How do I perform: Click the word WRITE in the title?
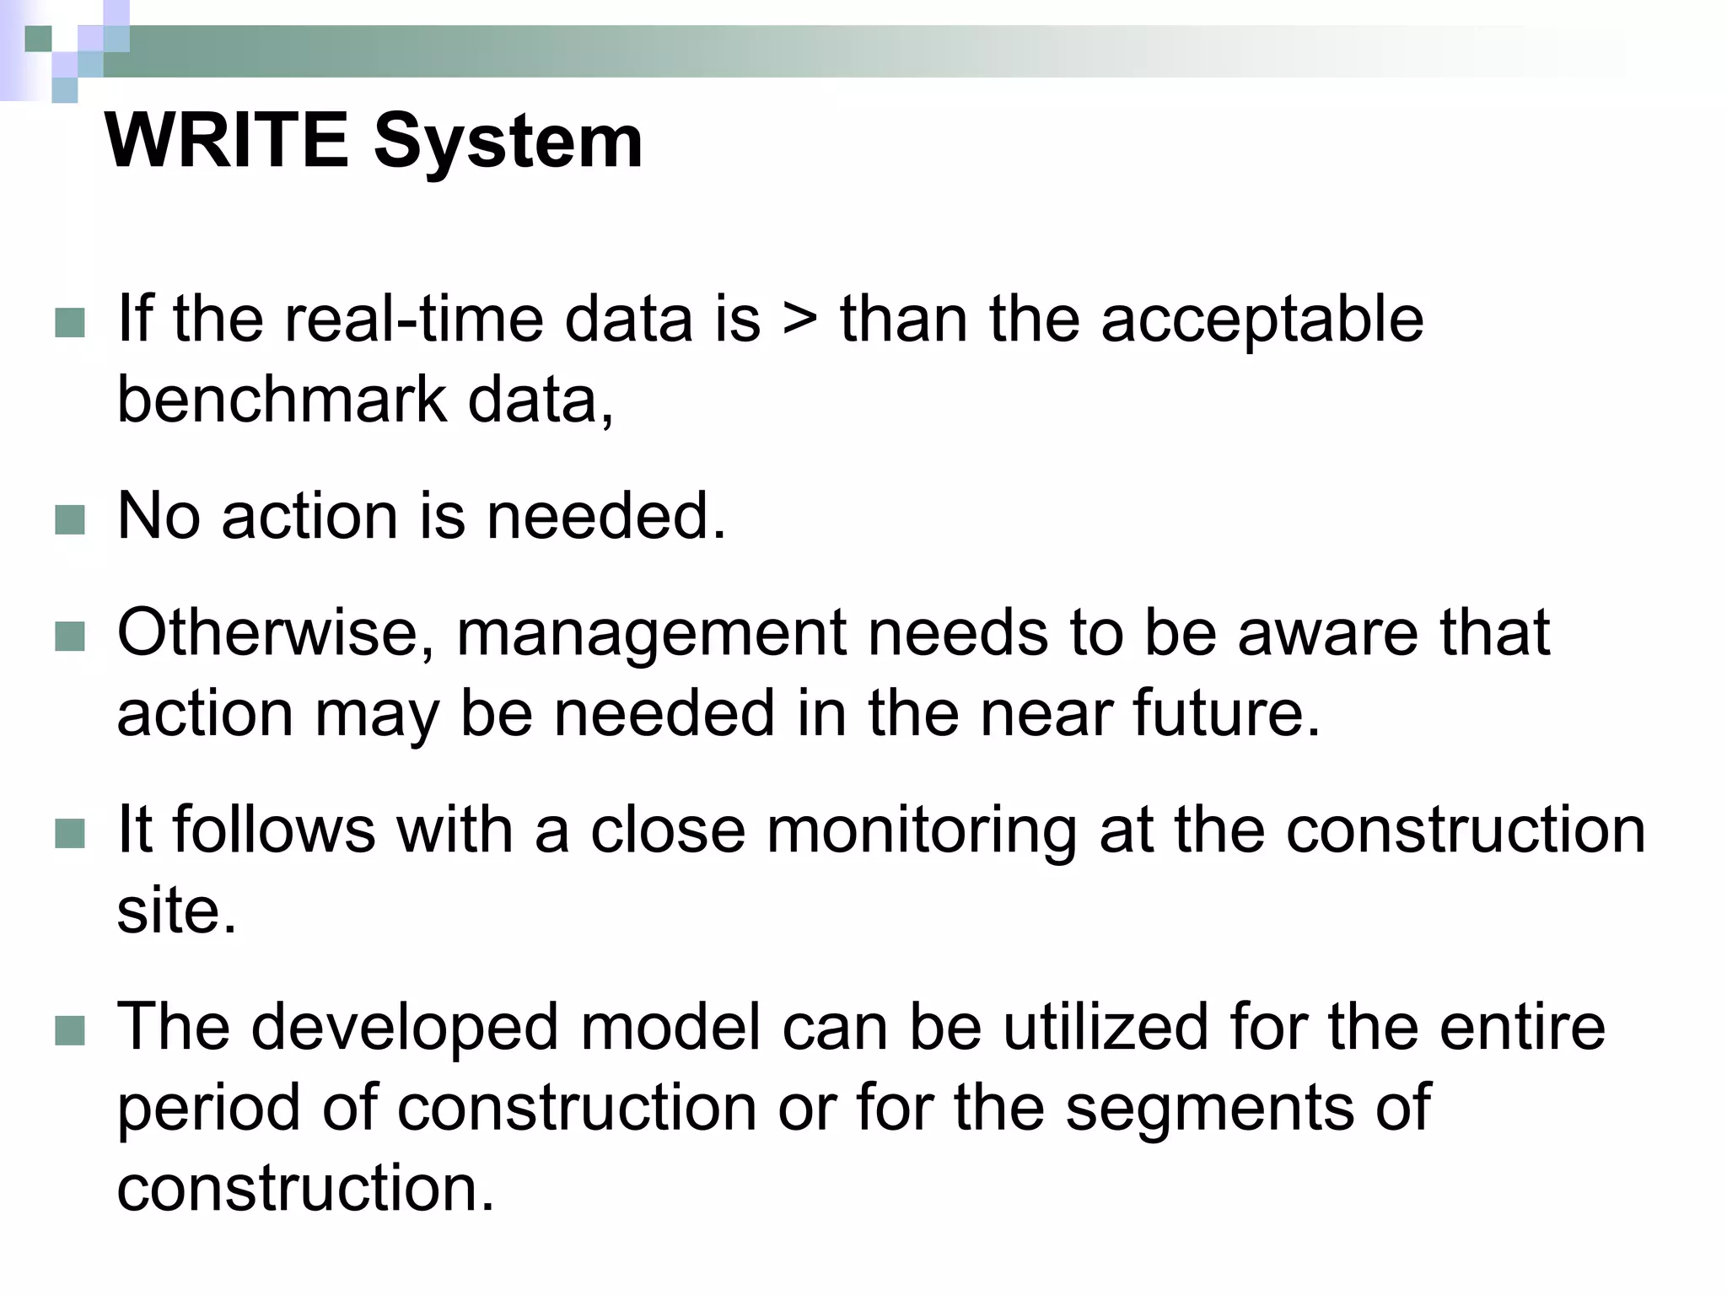(x=226, y=141)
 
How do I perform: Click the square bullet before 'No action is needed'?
(x=70, y=519)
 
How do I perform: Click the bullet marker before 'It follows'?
(x=70, y=833)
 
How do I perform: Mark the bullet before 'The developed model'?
(x=70, y=1030)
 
